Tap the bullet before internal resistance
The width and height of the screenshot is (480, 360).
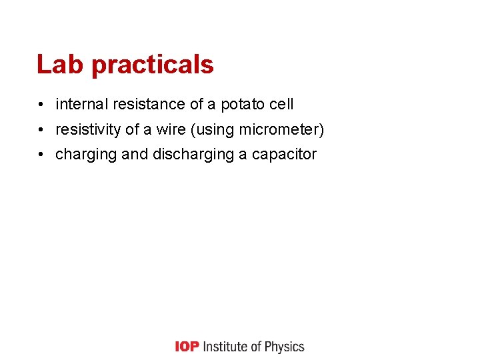tap(41, 105)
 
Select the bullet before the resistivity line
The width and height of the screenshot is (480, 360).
tap(41, 129)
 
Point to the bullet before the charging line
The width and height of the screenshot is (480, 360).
tap(41, 155)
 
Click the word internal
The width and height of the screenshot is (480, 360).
tap(82, 104)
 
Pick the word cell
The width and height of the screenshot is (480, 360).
tap(281, 104)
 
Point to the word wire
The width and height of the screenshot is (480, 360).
tap(171, 129)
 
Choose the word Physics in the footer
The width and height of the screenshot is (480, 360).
tap(284, 347)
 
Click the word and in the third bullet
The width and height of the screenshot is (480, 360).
tap(135, 155)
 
